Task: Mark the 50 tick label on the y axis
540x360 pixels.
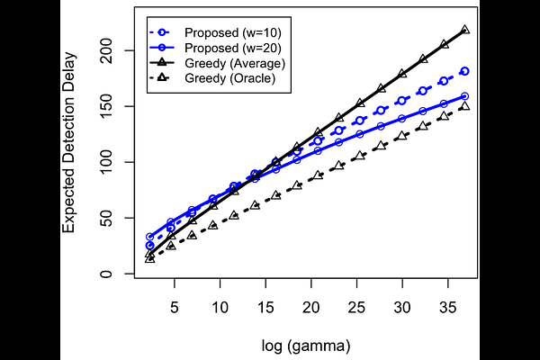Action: tap(112, 219)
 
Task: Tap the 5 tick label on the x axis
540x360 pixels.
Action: tap(174, 307)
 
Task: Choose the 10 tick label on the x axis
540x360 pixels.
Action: tap(220, 307)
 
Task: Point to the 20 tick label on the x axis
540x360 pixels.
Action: tap(311, 307)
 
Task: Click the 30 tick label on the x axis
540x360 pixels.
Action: tap(403, 307)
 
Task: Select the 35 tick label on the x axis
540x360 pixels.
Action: tap(449, 307)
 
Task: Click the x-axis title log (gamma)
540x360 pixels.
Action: tap(306, 345)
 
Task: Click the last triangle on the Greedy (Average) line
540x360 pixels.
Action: tap(464, 30)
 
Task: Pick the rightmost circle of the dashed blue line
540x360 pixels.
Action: tap(464, 71)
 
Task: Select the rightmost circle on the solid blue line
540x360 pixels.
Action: tap(464, 96)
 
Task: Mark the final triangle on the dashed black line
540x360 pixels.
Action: tap(464, 106)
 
